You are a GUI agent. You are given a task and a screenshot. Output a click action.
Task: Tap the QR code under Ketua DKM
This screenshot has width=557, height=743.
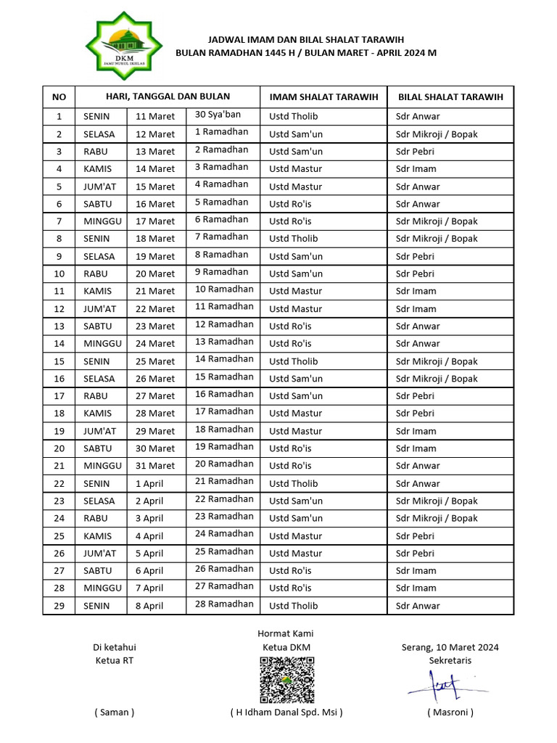(287, 680)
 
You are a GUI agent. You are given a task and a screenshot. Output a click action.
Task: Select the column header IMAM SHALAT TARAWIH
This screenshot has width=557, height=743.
(323, 97)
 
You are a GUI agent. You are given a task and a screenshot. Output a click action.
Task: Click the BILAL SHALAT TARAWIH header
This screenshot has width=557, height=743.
(450, 97)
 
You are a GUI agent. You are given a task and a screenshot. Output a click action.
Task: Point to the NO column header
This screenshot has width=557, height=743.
(59, 97)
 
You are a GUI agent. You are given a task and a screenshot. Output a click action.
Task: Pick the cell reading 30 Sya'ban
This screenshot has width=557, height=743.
(218, 115)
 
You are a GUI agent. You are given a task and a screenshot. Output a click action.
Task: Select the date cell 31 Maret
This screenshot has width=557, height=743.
(155, 466)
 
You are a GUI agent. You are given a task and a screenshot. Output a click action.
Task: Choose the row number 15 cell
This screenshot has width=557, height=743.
(59, 361)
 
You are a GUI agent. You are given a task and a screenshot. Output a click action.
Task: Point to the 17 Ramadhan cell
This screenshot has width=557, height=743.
(224, 411)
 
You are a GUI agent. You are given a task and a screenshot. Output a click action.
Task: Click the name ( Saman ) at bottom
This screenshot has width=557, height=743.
(114, 712)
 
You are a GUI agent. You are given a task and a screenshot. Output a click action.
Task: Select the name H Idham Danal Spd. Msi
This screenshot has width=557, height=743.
(286, 712)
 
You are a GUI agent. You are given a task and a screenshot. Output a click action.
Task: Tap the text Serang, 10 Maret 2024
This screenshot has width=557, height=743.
(450, 647)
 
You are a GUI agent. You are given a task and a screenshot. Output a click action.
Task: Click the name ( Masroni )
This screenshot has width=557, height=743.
(450, 712)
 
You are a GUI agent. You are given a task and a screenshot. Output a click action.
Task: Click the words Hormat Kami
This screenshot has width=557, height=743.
(286, 633)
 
